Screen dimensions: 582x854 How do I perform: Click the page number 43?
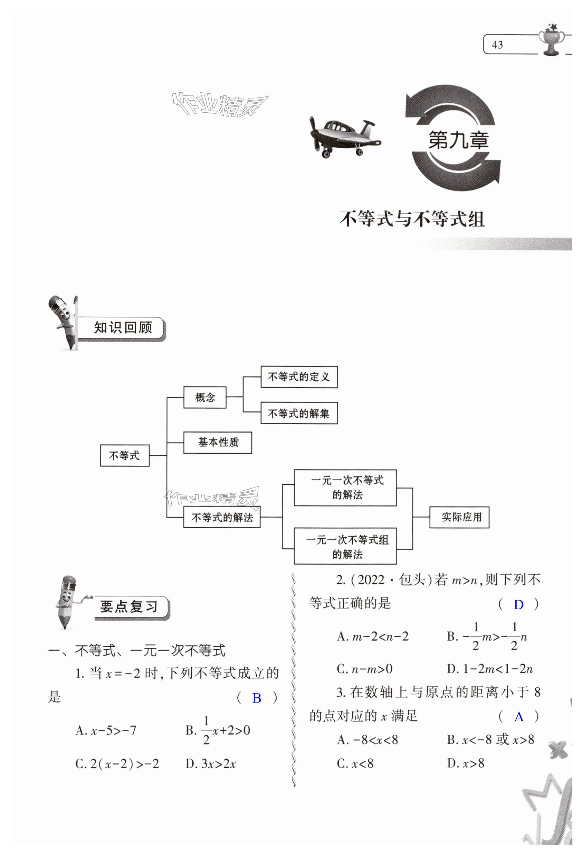coord(497,45)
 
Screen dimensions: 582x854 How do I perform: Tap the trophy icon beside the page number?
coord(551,40)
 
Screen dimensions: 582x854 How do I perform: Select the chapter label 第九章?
coord(458,140)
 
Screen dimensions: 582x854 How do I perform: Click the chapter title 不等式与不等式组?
coord(412,220)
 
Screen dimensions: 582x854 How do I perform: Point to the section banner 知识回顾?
coord(123,327)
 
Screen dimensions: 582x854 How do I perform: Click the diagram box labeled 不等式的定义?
coord(299,377)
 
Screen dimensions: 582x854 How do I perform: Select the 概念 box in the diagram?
coord(205,397)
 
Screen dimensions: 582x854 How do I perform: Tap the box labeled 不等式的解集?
coord(299,414)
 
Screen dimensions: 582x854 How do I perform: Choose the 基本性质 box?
coord(218,443)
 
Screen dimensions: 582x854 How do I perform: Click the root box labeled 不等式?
coord(125,456)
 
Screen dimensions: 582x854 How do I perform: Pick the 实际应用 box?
coord(459,517)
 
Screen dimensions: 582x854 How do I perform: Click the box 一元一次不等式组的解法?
coord(345,546)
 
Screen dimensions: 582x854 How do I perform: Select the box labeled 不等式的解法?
coord(222,517)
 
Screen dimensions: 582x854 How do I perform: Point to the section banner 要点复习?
coord(128,607)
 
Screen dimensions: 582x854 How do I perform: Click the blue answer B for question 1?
coord(257,698)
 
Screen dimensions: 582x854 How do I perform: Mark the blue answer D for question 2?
coord(518,605)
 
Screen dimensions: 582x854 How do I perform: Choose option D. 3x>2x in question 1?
coord(211,764)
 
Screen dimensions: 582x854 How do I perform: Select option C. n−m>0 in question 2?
coord(365,669)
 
